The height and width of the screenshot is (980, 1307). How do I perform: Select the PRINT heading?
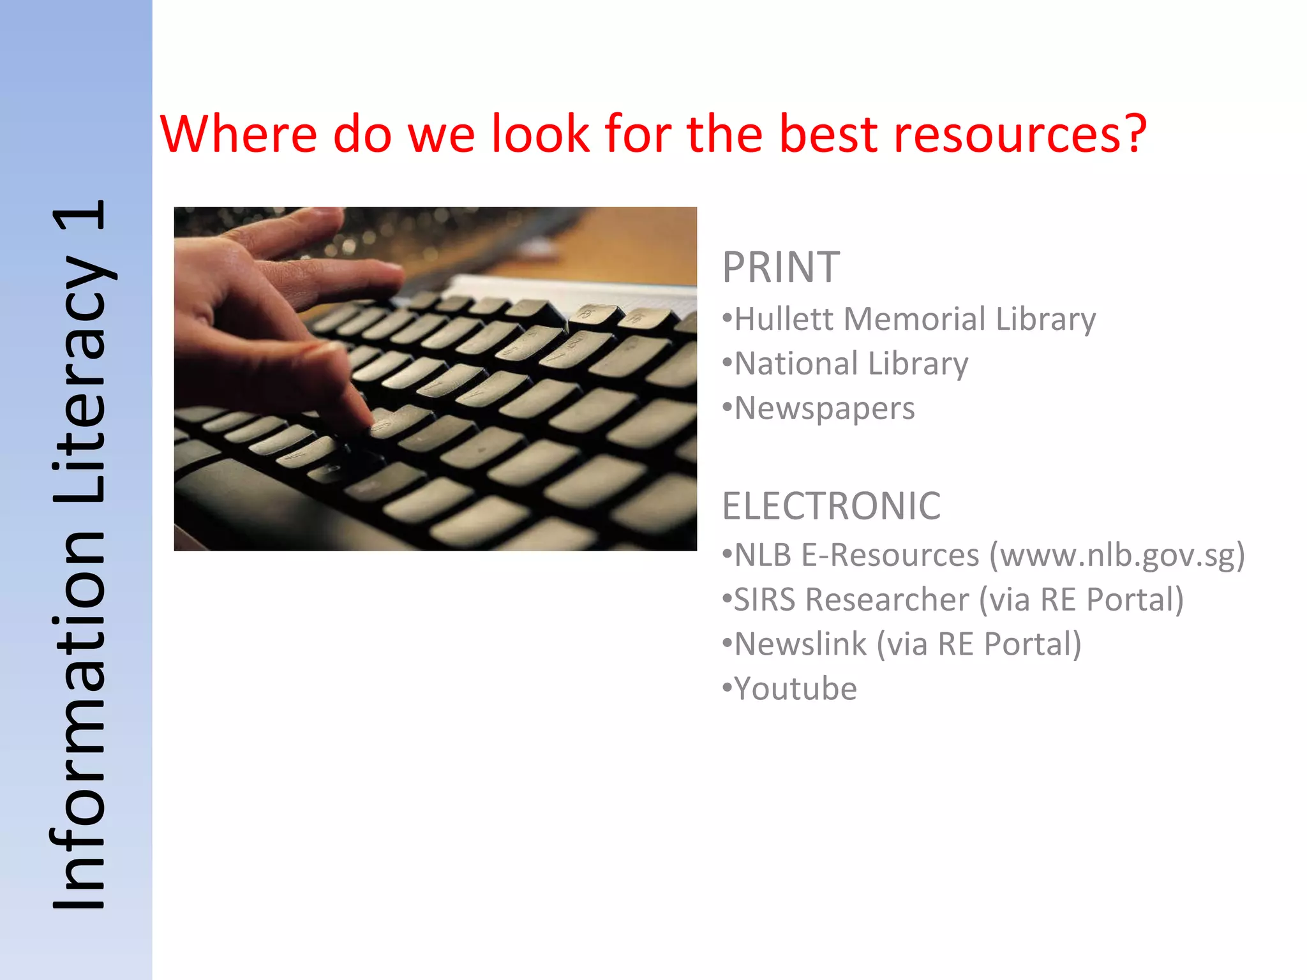click(780, 267)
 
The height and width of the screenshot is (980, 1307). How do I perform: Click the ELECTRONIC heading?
click(831, 506)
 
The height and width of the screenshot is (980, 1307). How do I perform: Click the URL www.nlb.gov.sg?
click(1116, 555)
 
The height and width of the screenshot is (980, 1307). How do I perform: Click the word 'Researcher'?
click(886, 600)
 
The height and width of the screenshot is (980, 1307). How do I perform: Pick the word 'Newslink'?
click(800, 644)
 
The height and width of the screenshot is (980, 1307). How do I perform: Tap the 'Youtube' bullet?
click(795, 689)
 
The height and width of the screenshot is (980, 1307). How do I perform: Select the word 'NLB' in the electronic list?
click(763, 555)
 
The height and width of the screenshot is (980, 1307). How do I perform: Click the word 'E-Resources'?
click(890, 555)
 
